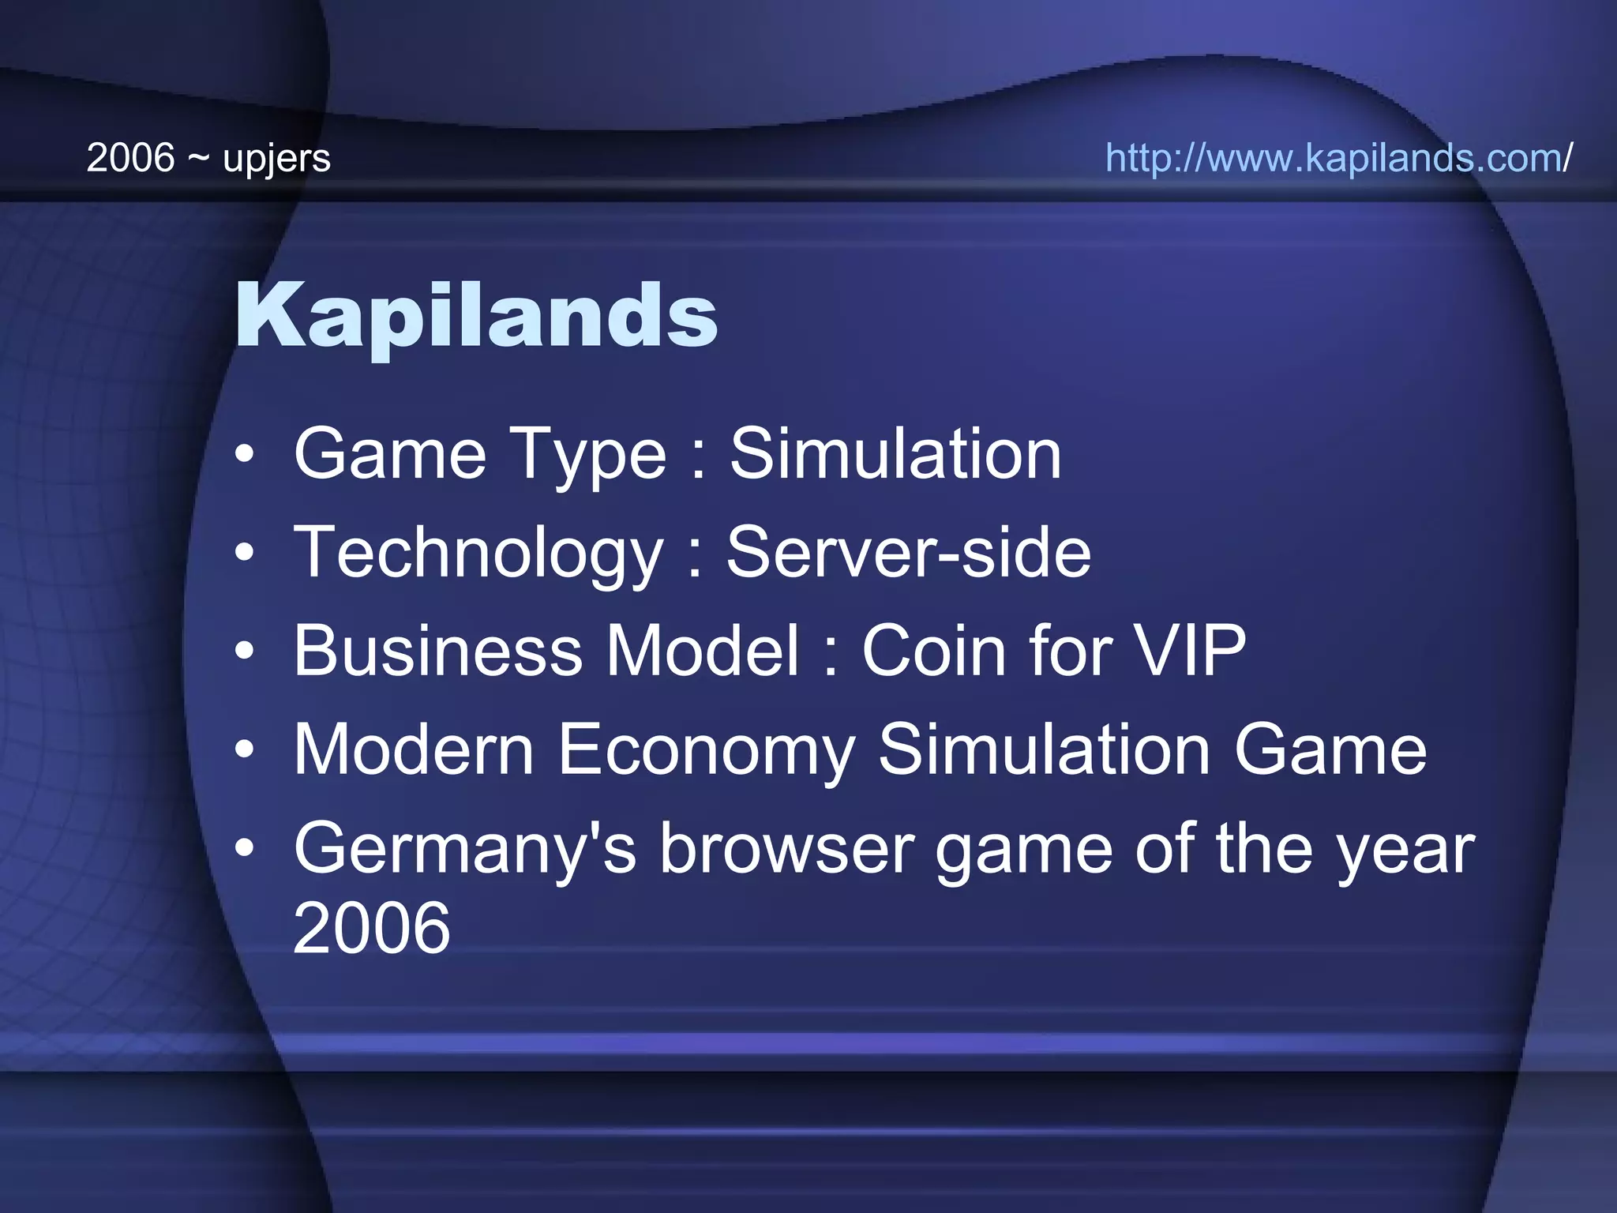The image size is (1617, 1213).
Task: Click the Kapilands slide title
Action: [x=476, y=316]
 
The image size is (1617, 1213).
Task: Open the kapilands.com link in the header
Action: [x=1338, y=158]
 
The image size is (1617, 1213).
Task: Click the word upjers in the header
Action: [x=276, y=158]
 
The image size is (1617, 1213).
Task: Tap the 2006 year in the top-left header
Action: [x=130, y=158]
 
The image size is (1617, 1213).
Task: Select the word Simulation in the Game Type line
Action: [x=895, y=454]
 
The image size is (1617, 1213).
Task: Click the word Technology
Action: [x=478, y=553]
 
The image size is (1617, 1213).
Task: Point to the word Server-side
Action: [x=908, y=552]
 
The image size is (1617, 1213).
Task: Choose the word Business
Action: [x=438, y=651]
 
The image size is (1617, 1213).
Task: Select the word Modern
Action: [x=414, y=749]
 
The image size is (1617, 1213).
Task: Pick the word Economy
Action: [x=707, y=749]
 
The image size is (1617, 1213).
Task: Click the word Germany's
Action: [x=464, y=849]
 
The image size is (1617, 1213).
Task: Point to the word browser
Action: [x=786, y=849]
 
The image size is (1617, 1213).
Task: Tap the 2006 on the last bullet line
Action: [x=371, y=928]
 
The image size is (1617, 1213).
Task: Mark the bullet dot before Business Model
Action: [x=245, y=652]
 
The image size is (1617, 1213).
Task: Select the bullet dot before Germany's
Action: [x=245, y=850]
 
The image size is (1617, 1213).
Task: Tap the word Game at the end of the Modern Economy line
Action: [x=1330, y=749]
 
